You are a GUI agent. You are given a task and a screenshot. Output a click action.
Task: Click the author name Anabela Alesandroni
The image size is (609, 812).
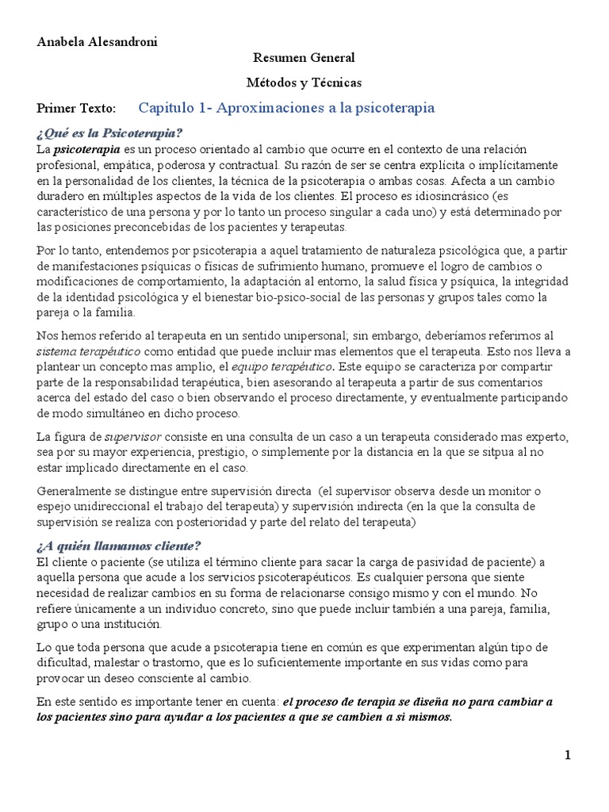(97, 42)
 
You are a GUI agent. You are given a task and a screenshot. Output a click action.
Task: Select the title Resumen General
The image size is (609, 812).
(304, 57)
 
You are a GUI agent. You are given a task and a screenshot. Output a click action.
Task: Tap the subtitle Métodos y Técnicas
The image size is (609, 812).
(304, 82)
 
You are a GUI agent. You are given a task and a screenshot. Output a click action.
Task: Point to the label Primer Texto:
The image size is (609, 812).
(76, 108)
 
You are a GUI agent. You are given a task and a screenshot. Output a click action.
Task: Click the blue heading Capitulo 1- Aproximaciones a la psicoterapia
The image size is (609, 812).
(286, 107)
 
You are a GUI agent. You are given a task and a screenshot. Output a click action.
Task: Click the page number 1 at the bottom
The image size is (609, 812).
(568, 755)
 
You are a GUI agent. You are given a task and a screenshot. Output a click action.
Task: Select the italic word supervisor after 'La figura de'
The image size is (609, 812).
(133, 437)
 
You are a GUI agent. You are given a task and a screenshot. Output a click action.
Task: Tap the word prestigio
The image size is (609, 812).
(238, 453)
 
